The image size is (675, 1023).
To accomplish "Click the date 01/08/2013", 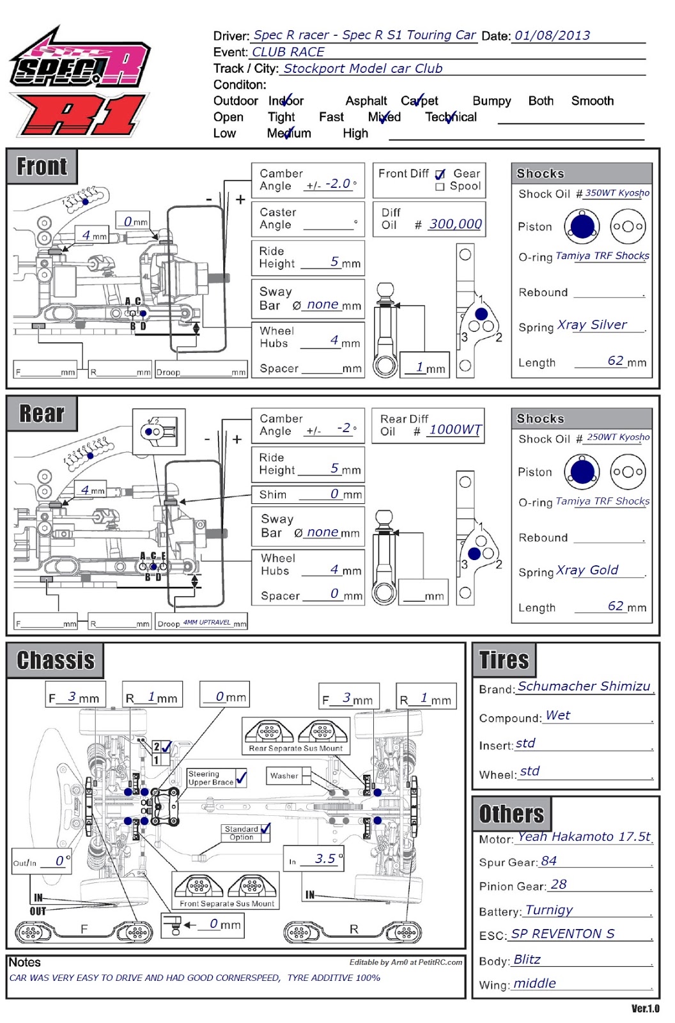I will (x=552, y=36).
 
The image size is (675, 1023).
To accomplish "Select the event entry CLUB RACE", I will (x=288, y=52).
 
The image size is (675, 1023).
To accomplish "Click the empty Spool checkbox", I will (x=440, y=187).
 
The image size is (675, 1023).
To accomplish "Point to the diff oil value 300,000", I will (x=455, y=224).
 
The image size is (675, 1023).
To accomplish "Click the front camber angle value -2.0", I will (x=338, y=184).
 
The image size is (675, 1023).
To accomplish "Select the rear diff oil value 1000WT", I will (x=454, y=430).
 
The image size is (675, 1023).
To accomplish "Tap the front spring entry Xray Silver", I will (x=592, y=325).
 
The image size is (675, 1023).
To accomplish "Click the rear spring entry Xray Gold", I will (x=587, y=570).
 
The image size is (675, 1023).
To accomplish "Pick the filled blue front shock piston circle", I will (x=582, y=226).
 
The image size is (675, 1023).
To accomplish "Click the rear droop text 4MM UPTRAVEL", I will (x=206, y=622).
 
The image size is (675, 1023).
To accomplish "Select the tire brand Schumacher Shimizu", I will (x=584, y=687).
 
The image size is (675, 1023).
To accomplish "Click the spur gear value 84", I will (x=548, y=861).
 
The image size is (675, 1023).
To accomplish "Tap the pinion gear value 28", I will (x=559, y=885).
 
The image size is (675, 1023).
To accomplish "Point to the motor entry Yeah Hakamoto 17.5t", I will (x=584, y=837).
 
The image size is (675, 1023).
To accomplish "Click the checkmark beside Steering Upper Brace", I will (x=241, y=777).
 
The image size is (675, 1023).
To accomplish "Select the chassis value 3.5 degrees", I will (x=325, y=859).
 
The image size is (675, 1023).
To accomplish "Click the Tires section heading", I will (x=504, y=660).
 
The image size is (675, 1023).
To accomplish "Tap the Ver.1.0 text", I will (x=645, y=1009).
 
